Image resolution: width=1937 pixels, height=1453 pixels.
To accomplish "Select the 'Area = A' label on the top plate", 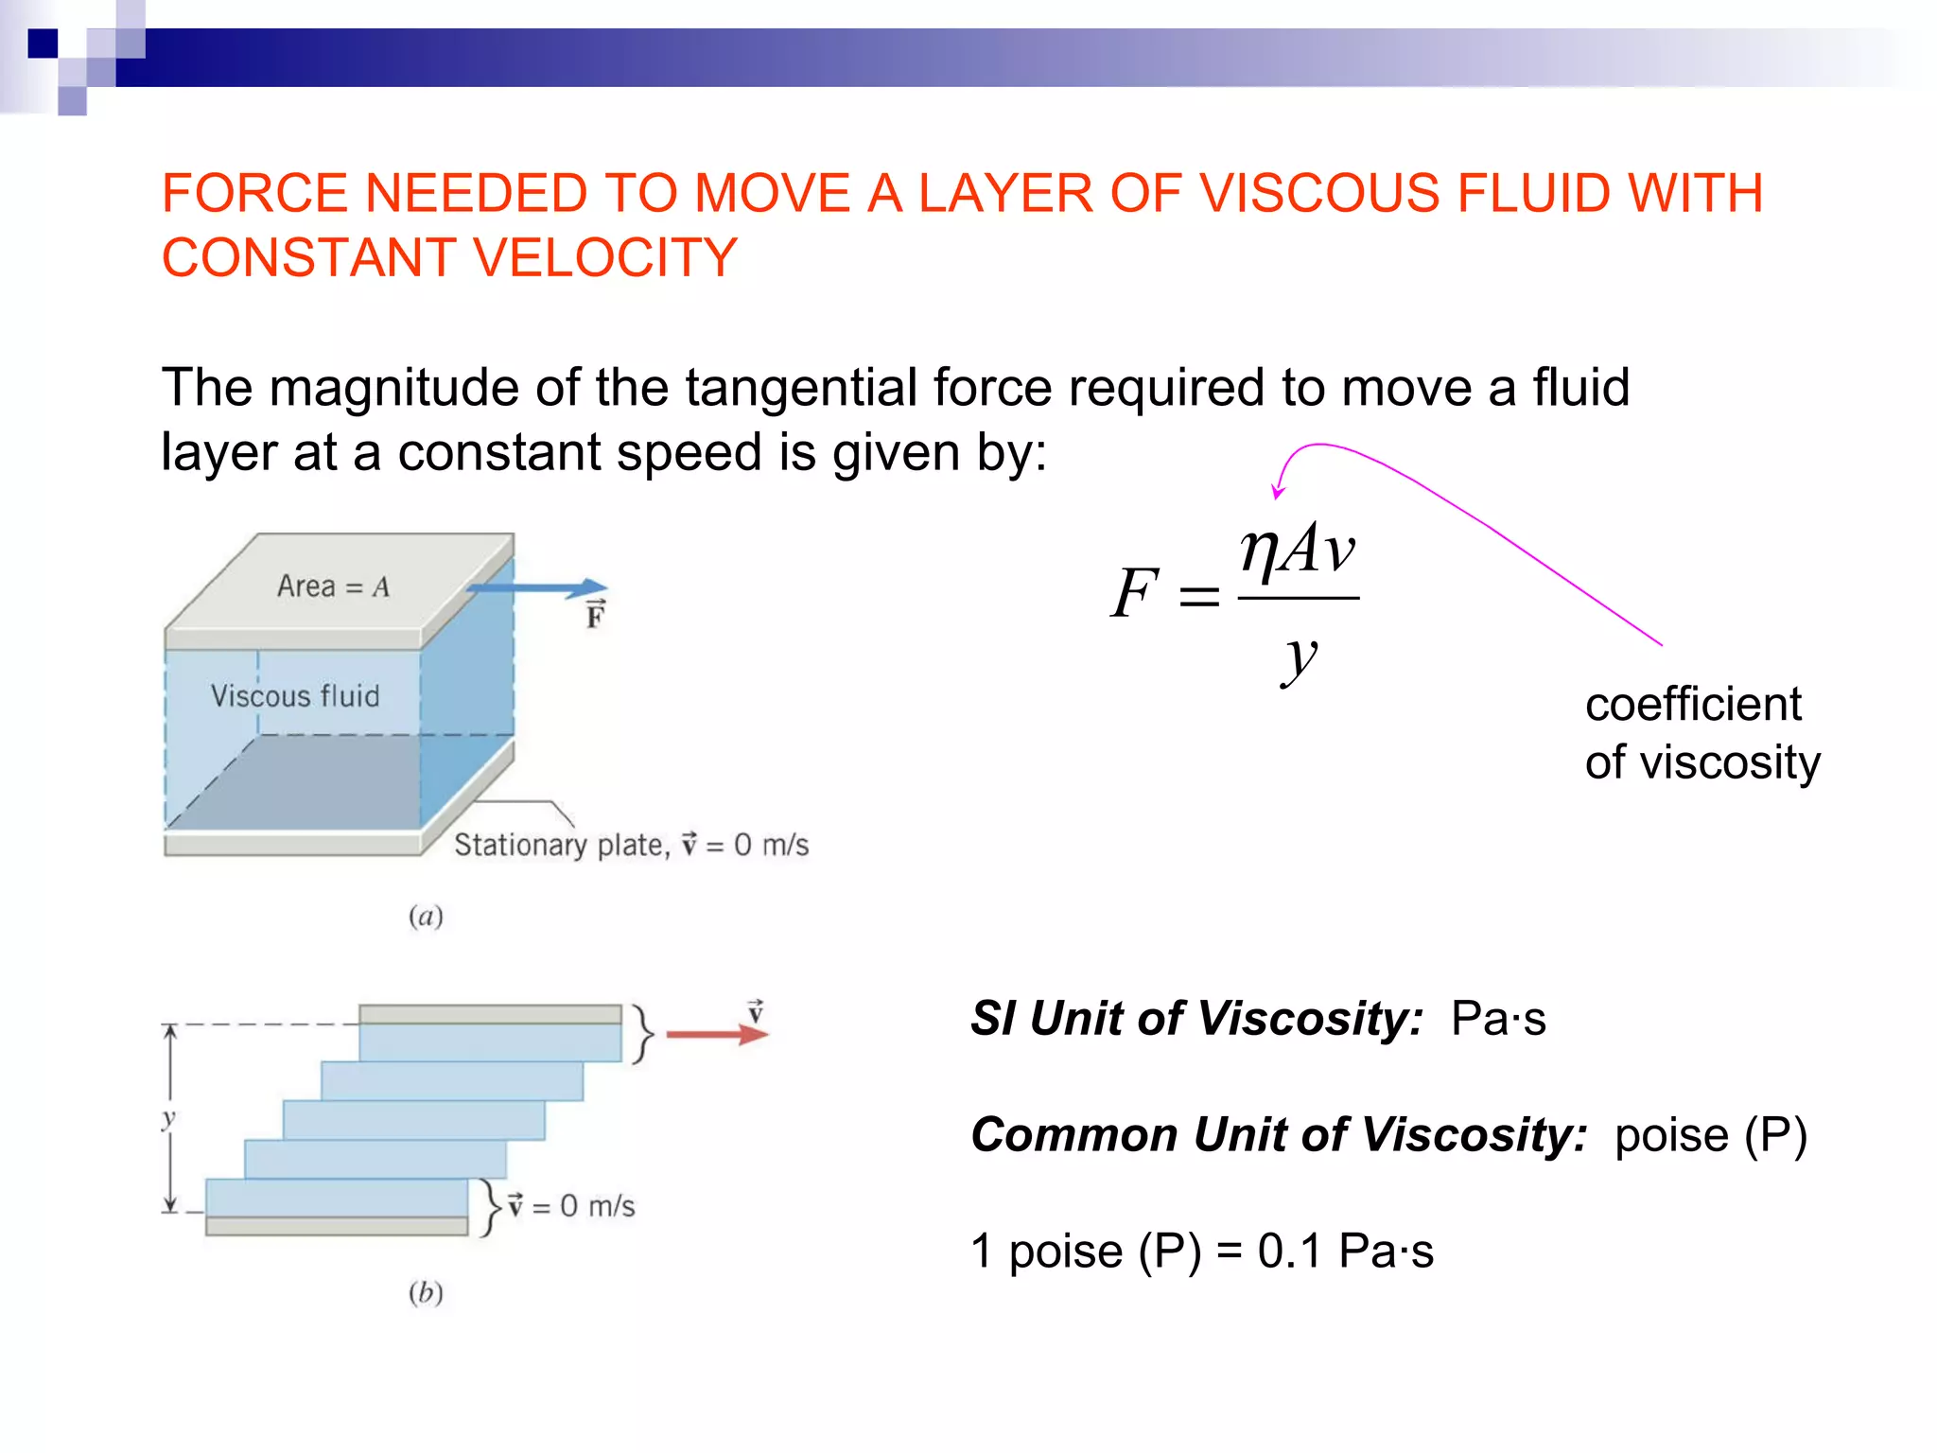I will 333,586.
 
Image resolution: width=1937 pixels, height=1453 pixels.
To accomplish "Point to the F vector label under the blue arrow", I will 595,615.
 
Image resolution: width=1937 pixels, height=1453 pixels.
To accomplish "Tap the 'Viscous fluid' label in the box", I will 294,696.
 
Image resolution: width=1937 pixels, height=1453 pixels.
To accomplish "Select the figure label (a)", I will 426,916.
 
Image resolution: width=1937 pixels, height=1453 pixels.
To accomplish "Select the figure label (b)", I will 426,1292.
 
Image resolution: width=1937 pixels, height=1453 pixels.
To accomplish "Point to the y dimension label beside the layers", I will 169,1119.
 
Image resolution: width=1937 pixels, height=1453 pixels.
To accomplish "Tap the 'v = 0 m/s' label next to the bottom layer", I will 572,1206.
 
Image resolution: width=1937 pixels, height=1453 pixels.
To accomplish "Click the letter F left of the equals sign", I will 1134,593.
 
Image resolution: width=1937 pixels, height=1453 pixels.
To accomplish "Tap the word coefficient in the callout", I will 1693,705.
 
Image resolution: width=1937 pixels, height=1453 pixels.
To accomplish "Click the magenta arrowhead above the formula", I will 1278,491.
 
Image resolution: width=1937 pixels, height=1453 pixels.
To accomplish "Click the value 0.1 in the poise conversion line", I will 1288,1252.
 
